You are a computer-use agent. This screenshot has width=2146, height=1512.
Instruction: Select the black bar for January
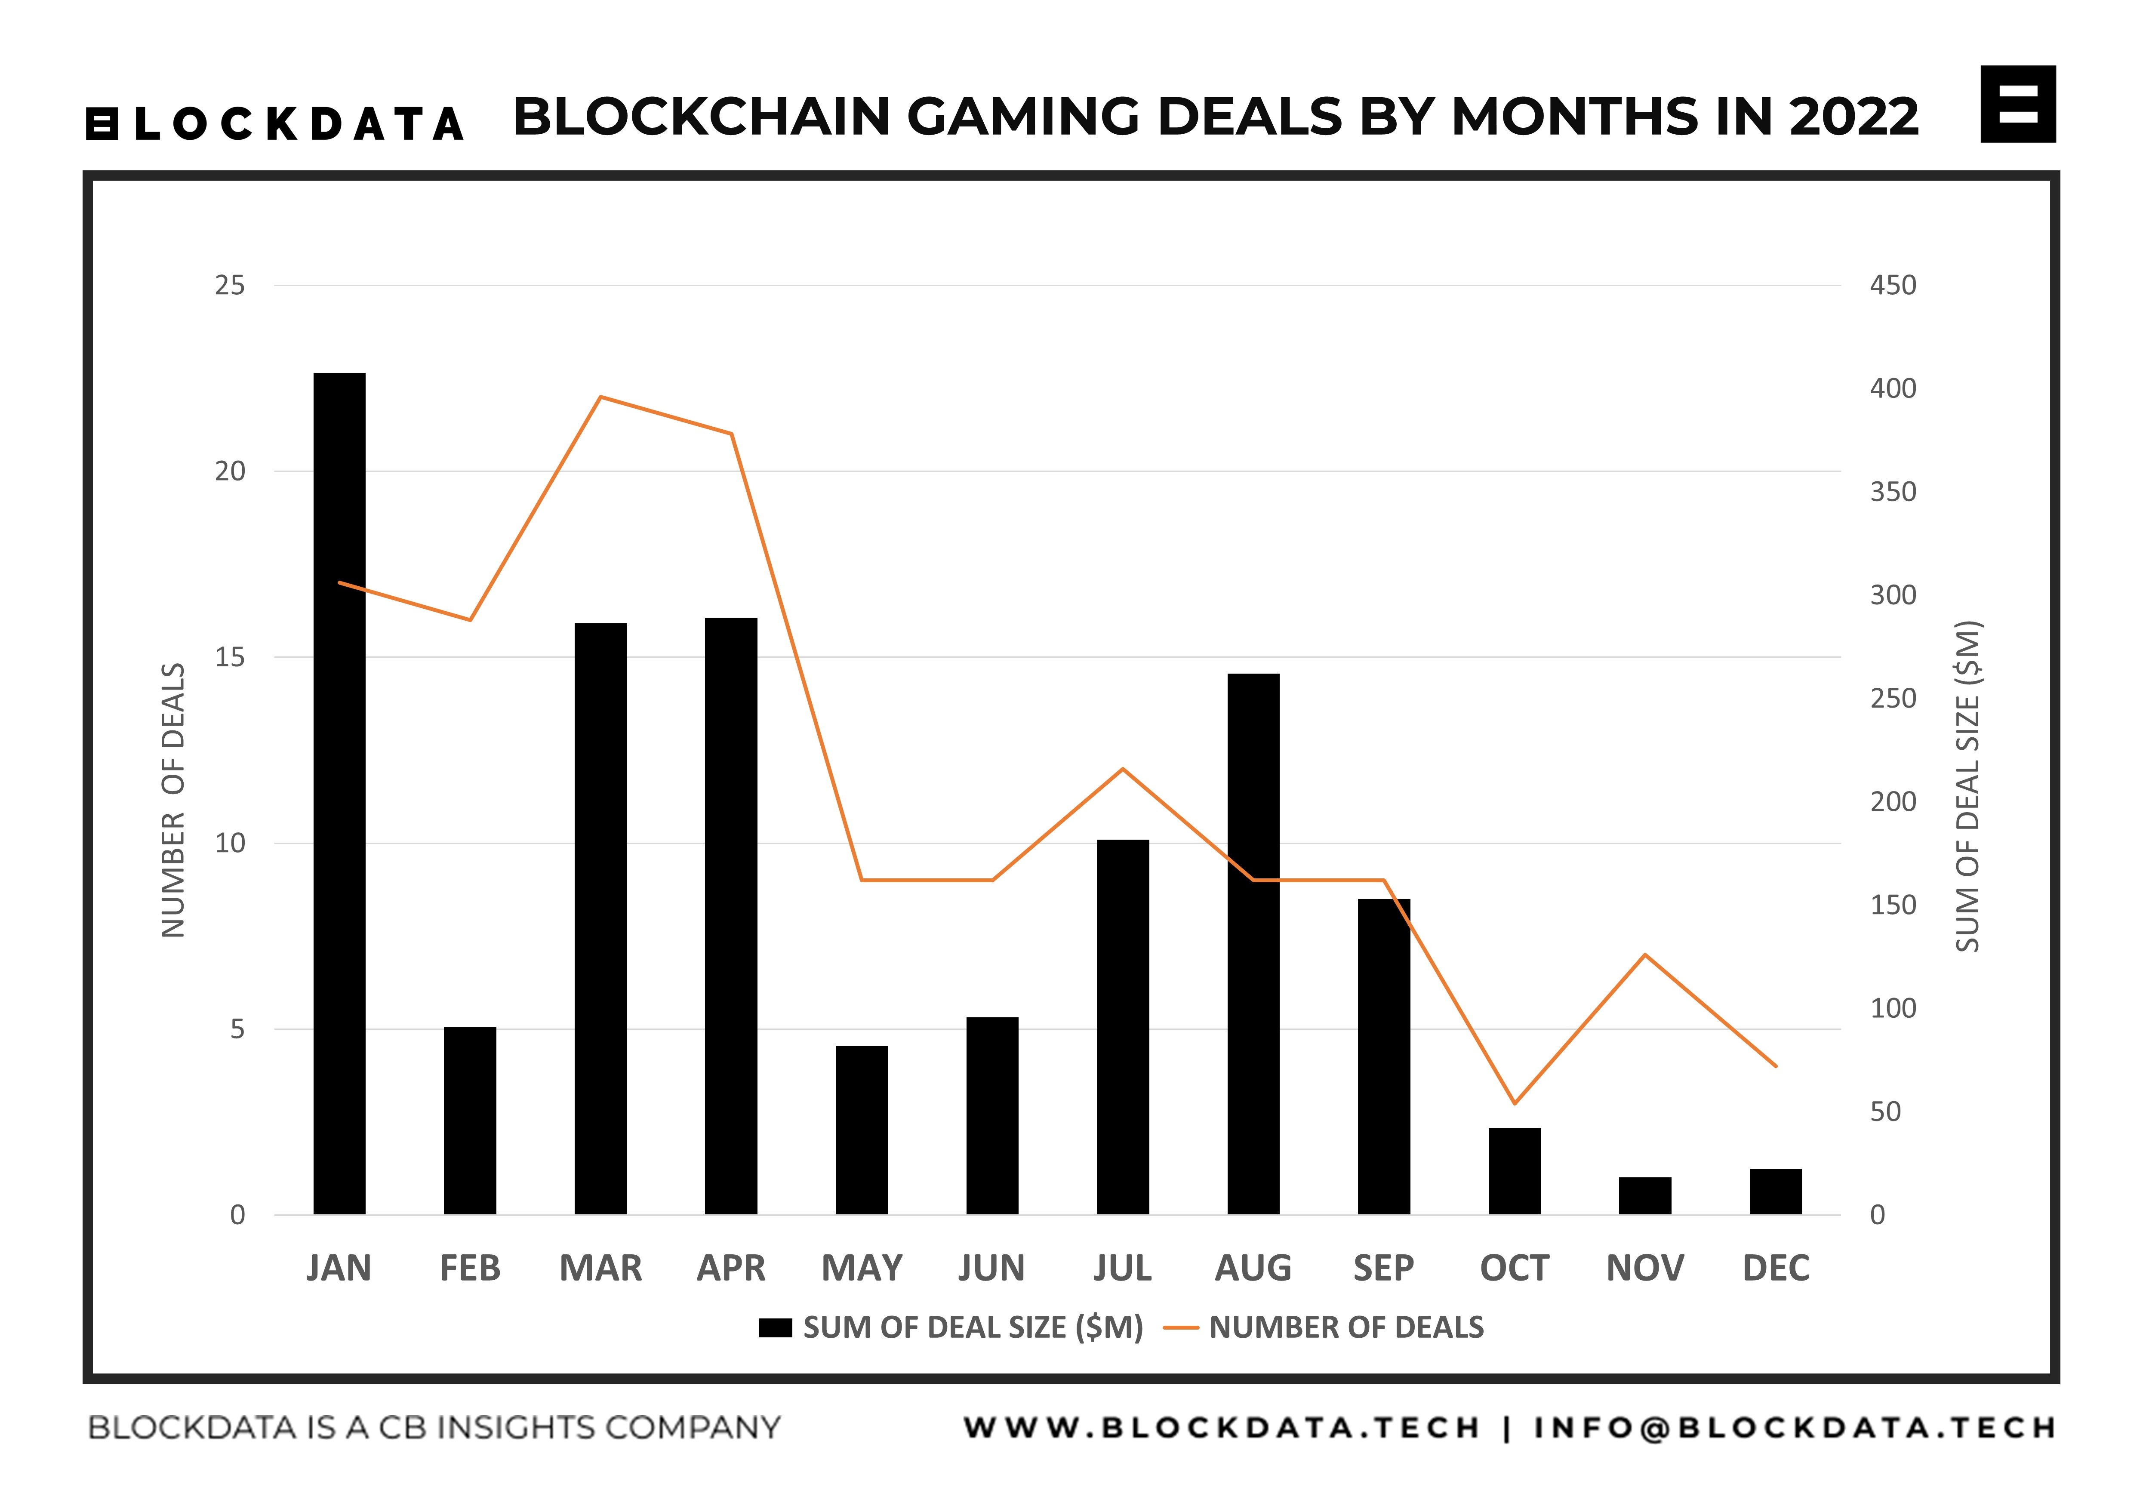339,794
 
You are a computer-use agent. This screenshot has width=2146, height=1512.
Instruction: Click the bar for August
1253,944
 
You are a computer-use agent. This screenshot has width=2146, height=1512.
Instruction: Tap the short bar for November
1645,1196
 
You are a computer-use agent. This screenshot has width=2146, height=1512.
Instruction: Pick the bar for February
470,1121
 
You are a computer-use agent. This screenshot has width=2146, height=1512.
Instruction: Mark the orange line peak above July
1123,769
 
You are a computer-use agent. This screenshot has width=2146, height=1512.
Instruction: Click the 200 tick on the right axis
1893,802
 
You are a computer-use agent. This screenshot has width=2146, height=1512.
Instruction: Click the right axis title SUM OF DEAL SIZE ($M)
1967,787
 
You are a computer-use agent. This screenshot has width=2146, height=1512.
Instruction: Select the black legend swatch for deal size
775,1328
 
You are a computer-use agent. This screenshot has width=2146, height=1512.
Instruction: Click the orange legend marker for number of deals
1180,1328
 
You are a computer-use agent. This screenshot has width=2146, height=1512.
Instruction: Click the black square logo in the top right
2018,104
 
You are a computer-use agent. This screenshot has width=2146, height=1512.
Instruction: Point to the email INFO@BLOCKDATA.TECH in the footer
1795,1428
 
